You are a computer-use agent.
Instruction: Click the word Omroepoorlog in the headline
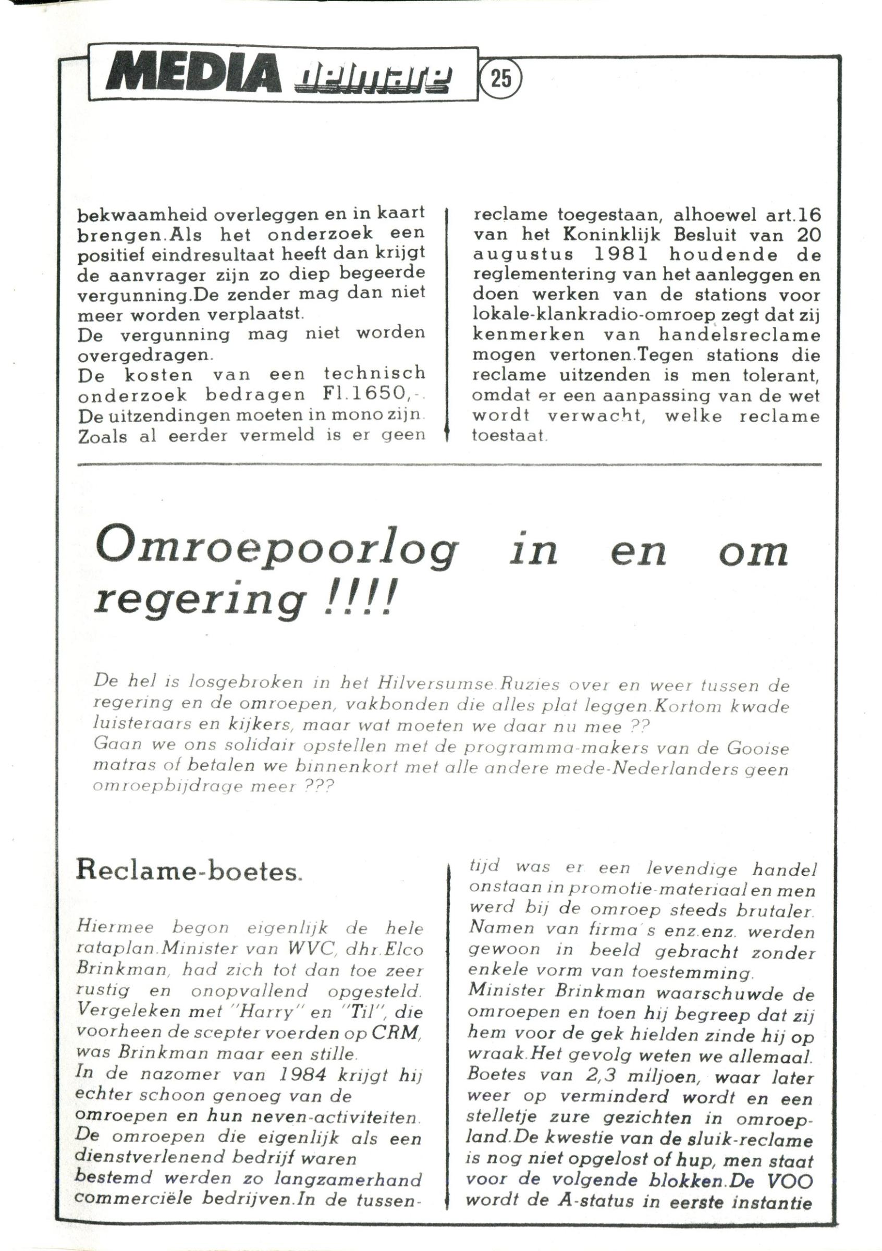pyautogui.click(x=276, y=551)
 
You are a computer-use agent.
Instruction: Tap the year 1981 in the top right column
pyautogui.click(x=623, y=254)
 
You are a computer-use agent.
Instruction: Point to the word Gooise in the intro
pyautogui.click(x=758, y=748)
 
